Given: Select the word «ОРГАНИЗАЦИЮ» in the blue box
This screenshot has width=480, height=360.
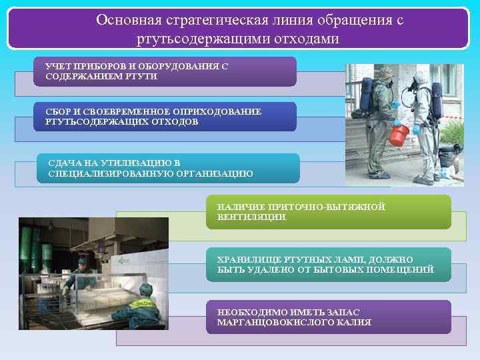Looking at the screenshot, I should pos(216,174).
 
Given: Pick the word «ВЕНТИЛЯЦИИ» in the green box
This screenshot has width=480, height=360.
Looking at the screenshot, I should pos(251,217).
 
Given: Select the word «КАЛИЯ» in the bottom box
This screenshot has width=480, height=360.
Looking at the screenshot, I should pos(354,323).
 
